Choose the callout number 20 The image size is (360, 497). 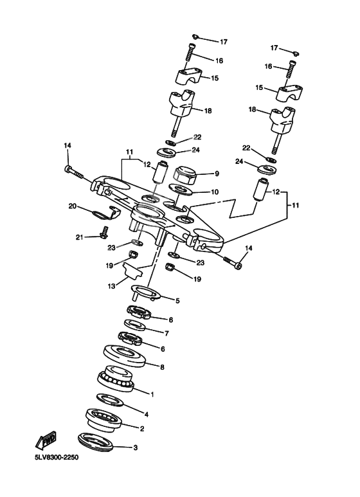click(x=73, y=206)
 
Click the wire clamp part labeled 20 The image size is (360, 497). click(x=102, y=215)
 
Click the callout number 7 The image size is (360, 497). click(x=166, y=334)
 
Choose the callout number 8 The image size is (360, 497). click(x=161, y=368)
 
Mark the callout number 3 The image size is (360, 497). click(x=134, y=448)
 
